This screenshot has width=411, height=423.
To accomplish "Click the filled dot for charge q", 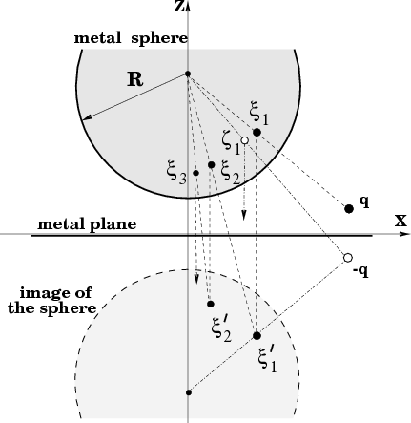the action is pos(349,209).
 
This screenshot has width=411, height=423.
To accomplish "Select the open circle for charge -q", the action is pos(348,257).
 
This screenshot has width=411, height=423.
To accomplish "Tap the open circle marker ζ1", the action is pos(244,140).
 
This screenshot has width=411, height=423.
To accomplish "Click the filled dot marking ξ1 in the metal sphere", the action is pos(257,132).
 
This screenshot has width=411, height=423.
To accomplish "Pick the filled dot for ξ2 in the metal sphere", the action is pos(212,164).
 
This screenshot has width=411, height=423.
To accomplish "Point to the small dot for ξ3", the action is pos(195,173).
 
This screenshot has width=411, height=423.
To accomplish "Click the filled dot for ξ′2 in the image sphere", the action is pos(211,304).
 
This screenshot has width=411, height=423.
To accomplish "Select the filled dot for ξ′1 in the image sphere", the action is pos(257,335).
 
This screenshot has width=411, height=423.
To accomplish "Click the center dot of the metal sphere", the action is pos(188,74).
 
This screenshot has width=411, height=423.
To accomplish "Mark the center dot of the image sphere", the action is pos(189,392).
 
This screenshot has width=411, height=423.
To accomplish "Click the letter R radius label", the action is pos(135,79).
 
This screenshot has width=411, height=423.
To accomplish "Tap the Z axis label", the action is pos(179,7).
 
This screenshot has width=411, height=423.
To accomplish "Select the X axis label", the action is pos(401,221).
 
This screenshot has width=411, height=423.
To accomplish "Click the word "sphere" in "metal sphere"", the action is pos(159,38).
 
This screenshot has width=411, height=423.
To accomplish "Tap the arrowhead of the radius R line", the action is pos(87,117).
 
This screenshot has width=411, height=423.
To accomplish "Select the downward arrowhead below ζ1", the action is pos(244,216).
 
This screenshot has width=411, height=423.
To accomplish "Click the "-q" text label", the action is pos(360,272).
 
